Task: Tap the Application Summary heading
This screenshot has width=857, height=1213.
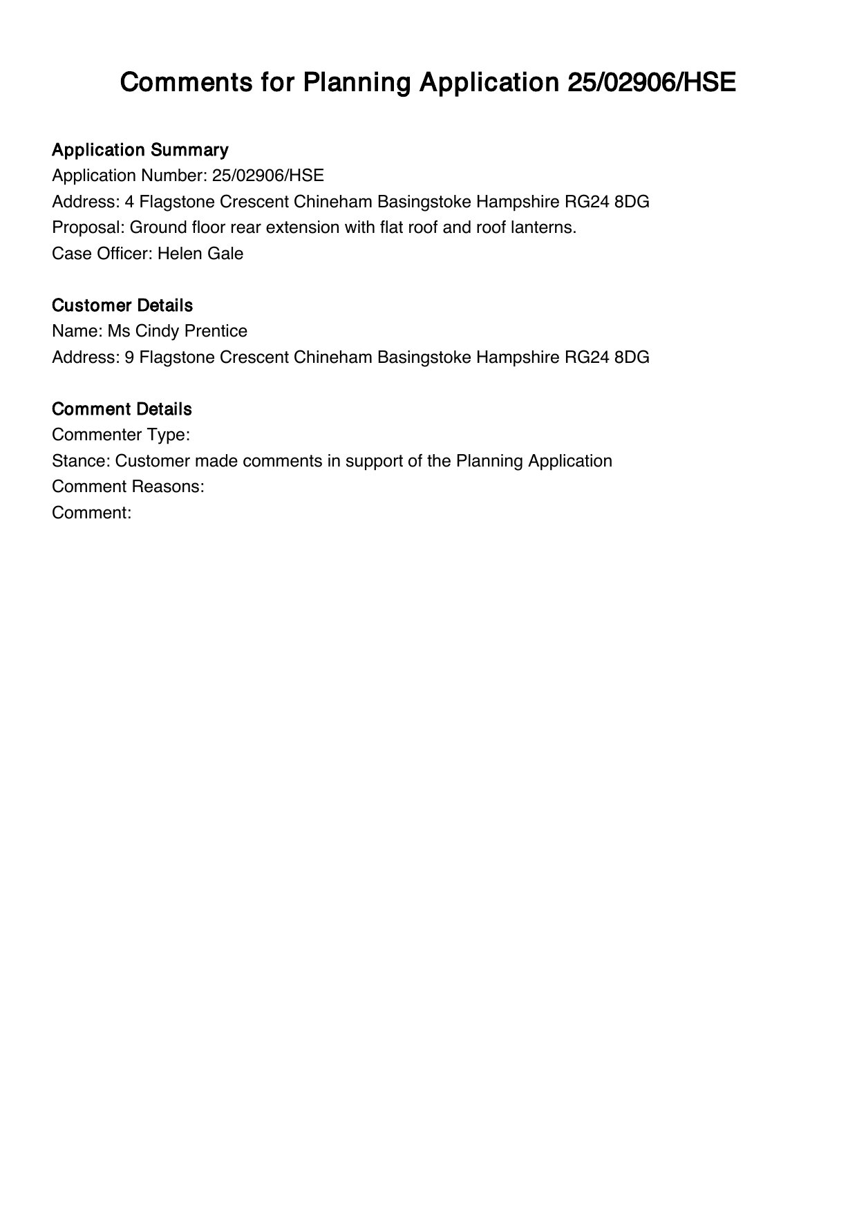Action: coord(140,150)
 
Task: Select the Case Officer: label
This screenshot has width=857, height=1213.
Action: coord(102,254)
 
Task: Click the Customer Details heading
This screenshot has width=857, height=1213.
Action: coord(122,305)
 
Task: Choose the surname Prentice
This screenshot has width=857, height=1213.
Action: coord(216,331)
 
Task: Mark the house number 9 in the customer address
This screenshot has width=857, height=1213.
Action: coord(129,357)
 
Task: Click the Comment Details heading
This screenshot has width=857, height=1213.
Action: coord(122,409)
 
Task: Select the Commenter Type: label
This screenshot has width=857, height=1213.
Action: coord(121,435)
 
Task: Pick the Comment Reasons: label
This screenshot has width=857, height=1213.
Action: coord(128,487)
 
